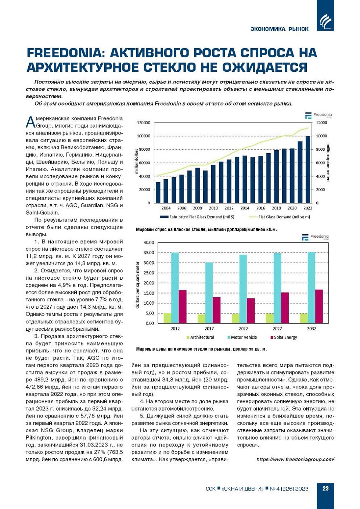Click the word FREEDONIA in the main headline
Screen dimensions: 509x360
point(63,53)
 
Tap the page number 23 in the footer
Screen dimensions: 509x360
point(325,488)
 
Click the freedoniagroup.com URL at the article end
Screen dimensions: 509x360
point(295,459)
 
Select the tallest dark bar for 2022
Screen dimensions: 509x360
point(308,169)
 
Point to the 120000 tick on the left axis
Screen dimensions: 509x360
point(143,123)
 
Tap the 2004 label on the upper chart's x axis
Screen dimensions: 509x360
point(166,208)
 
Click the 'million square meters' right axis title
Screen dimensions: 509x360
point(328,163)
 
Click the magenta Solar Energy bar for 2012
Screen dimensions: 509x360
point(183,307)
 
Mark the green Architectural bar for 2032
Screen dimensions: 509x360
point(304,318)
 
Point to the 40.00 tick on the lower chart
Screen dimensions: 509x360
point(149,243)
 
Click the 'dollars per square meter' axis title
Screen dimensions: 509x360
point(138,285)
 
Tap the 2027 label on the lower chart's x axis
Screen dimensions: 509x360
point(277,329)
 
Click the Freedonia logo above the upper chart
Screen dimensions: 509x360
point(318,115)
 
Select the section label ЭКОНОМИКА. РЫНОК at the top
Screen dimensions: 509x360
point(279,29)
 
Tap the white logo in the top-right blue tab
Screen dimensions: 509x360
point(325,21)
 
